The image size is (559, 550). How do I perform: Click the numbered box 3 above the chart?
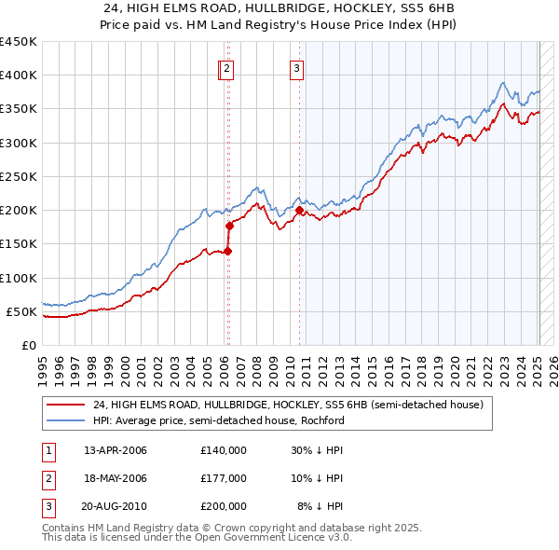296,67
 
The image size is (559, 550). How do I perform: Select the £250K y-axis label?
19,176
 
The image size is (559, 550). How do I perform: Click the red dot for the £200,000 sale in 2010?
299,211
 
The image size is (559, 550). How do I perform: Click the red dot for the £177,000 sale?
229,226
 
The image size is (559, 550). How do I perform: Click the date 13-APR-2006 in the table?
116,450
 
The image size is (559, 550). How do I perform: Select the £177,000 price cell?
223,478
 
